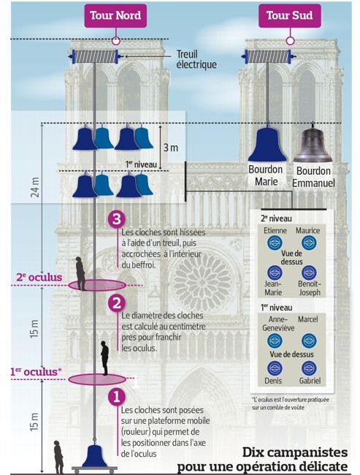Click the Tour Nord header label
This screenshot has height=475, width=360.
click(x=116, y=15)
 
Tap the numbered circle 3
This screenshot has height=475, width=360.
click(x=115, y=219)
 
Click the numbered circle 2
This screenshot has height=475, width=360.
click(x=115, y=302)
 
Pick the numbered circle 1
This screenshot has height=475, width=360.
click(x=115, y=397)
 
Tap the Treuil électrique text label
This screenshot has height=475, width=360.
click(x=196, y=59)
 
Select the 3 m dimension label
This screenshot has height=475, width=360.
click(x=170, y=148)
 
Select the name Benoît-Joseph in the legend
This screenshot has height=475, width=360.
click(x=310, y=289)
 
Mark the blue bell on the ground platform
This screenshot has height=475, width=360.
click(x=93, y=455)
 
